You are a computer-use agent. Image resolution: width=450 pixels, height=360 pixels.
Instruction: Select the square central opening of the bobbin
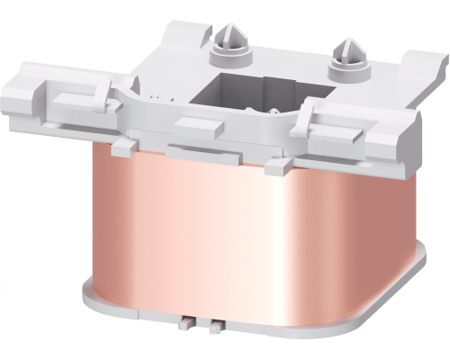[242, 94]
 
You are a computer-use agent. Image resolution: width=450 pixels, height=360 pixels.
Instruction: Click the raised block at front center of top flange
[202, 125]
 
